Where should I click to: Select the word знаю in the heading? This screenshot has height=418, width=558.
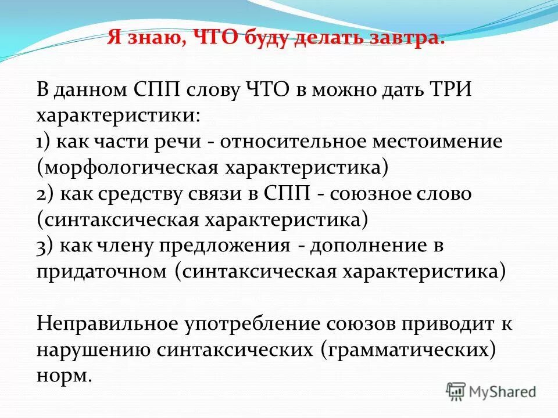point(159,39)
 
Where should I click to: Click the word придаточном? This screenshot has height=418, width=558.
point(101,271)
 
